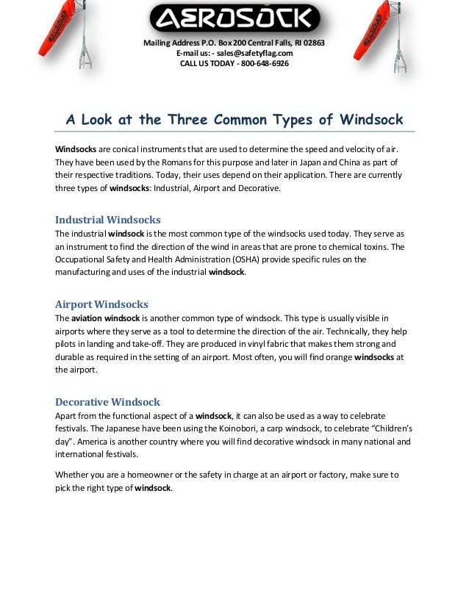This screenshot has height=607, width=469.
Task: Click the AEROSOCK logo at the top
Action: tap(234, 18)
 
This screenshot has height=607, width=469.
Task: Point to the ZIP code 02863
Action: tap(314, 43)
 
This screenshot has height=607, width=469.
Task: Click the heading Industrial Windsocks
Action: tap(108, 219)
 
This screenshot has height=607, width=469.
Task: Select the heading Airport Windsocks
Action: tap(101, 303)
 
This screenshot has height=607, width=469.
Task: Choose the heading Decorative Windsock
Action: tap(108, 402)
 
